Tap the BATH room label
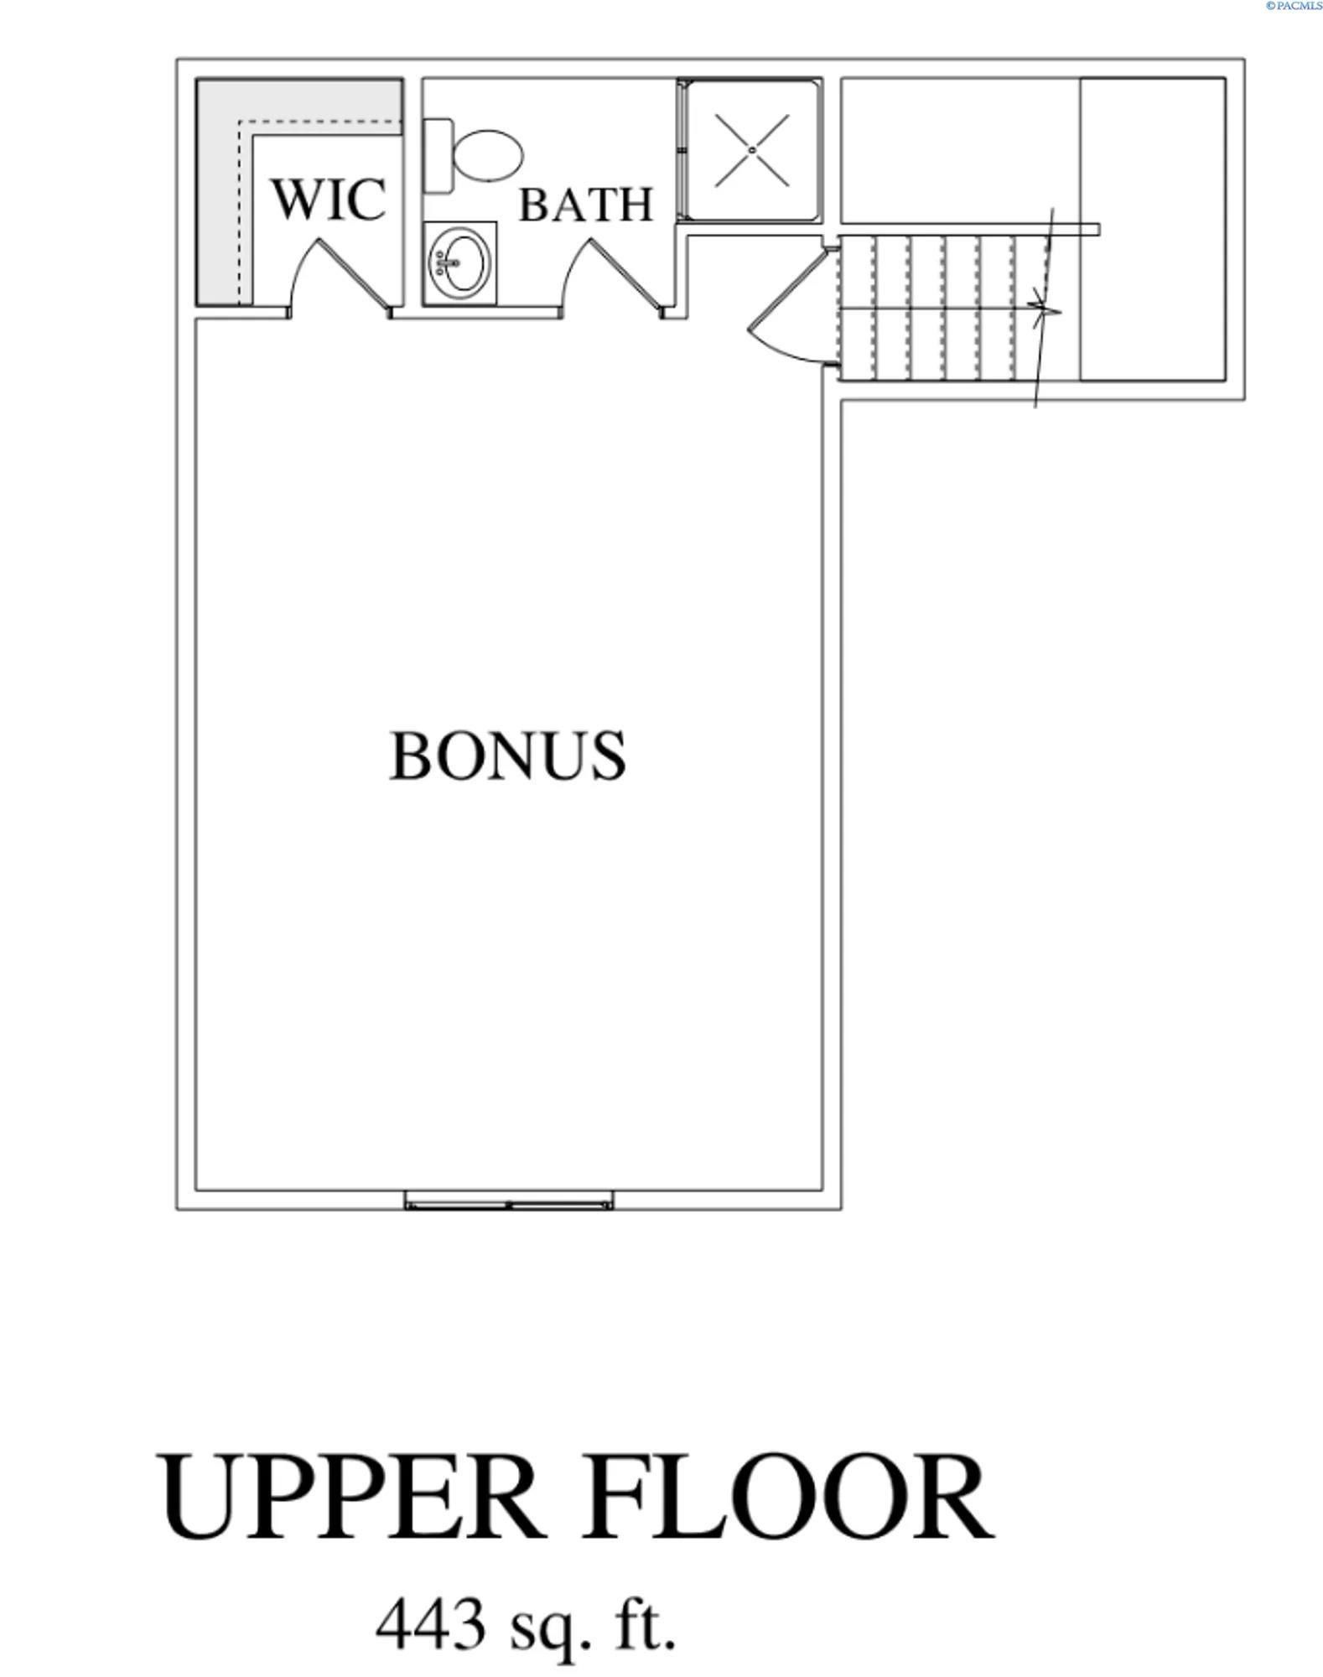[585, 205]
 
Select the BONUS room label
[507, 755]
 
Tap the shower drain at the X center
[753, 150]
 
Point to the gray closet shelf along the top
[319, 99]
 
